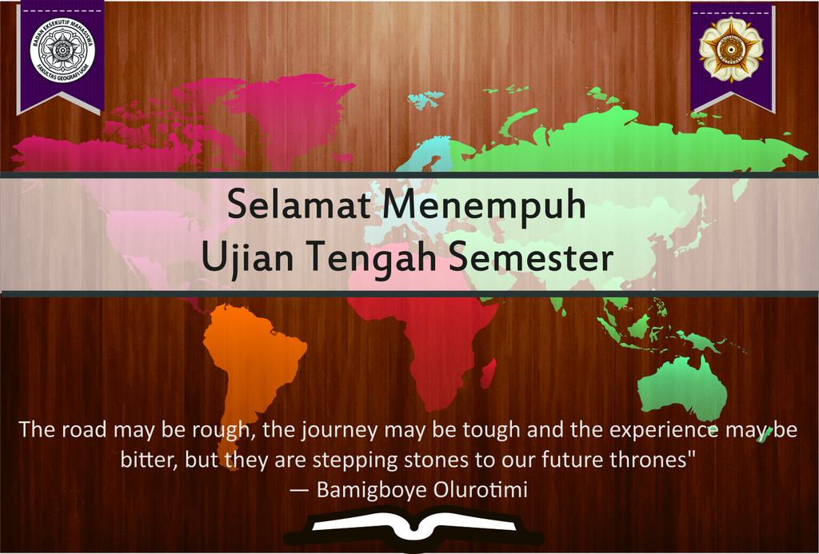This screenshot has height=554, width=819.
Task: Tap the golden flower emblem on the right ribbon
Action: tap(730, 50)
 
